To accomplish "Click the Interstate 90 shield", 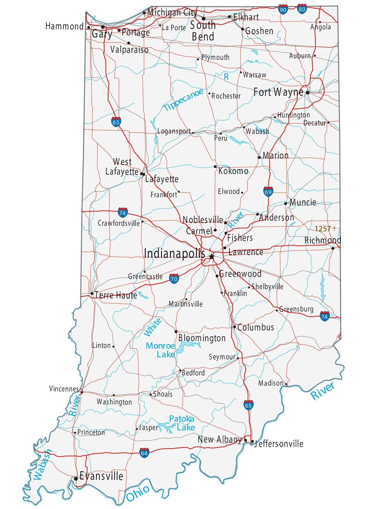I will coord(283,10).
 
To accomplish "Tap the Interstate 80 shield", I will coord(302,9).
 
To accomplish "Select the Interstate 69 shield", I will coord(268,192).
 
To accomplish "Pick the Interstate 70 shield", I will coord(174,279).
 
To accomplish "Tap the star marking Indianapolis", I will coord(211,256).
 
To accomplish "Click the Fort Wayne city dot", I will coord(308,93).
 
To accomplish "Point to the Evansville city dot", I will coord(76,478).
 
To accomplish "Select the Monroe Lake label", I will coord(161,350).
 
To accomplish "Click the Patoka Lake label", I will coord(182,423).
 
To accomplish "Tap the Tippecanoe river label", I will coord(183,100).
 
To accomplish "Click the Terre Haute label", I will coord(116,295).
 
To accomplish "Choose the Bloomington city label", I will coord(202,338).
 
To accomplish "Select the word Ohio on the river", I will coord(138,493).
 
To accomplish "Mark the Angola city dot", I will coord(320,22).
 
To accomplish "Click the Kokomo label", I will coord(233,171).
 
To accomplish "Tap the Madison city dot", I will coord(286,384).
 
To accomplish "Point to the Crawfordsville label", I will coord(119,223).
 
